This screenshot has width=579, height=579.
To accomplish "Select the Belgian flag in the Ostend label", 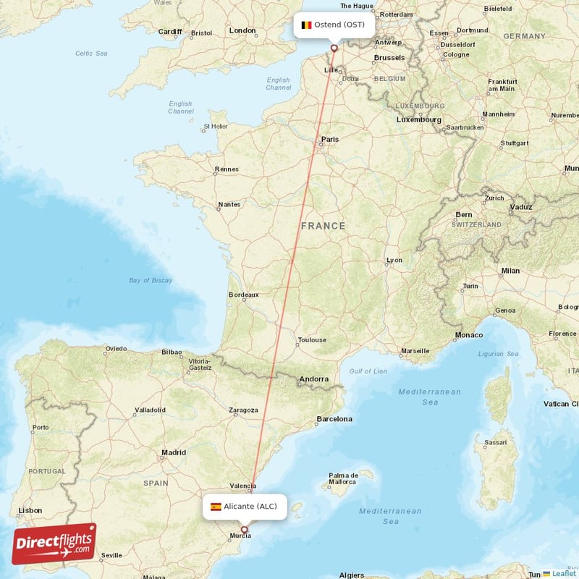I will (306, 25).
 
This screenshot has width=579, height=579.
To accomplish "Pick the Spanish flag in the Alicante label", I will (216, 507).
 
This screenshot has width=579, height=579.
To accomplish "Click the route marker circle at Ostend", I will (334, 49).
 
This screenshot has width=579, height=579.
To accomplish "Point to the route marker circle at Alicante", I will (245, 531).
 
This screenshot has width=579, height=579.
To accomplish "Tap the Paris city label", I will (330, 139).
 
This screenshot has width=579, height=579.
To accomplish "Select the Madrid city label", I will (174, 452).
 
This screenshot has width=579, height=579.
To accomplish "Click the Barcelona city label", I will (334, 419).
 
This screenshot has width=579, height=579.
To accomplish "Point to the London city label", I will (242, 30).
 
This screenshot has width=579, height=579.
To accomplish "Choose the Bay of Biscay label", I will (151, 280).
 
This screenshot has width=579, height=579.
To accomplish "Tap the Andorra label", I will (314, 379).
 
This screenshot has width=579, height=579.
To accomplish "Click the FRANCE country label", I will (324, 226).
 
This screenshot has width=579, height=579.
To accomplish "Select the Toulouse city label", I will (311, 339).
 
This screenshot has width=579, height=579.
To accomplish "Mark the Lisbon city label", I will (30, 510).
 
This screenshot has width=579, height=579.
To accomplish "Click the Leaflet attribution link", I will (563, 573).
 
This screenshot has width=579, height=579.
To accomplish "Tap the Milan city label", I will (510, 271).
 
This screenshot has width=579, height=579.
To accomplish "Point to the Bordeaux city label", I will (243, 295).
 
